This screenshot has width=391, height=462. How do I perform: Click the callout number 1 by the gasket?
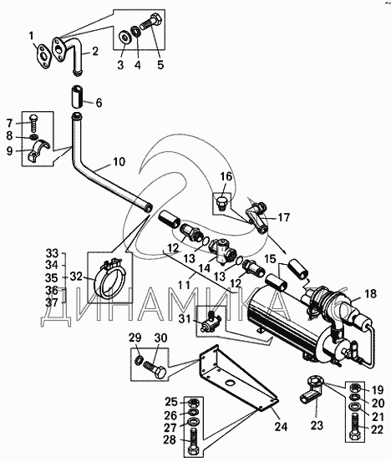coord(32,37)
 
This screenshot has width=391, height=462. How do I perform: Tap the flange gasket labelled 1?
coord(44,56)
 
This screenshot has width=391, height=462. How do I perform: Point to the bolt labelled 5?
coord(151,22)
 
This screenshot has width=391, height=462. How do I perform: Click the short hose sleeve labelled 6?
coord(77,97)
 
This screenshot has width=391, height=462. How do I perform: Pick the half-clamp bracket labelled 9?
coord(39,150)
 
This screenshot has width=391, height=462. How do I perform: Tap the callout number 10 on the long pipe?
coord(118,162)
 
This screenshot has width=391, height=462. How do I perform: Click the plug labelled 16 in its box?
coord(222,203)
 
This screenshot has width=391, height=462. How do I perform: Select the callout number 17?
coord(283,218)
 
